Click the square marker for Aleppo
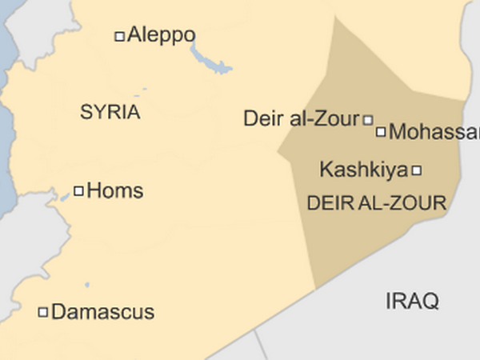[x=120, y=36]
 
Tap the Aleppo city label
[x=162, y=36]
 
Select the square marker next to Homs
[x=78, y=190]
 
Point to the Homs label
[x=114, y=191]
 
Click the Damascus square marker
[x=43, y=312]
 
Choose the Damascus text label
[x=102, y=312]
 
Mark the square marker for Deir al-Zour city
[x=368, y=120]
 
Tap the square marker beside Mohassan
[x=381, y=132]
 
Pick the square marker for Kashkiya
[x=416, y=170]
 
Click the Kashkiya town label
[x=363, y=170]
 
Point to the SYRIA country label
[x=110, y=113]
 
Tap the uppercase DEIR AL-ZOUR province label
[x=376, y=203]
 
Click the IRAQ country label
[x=412, y=302]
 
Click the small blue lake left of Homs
[x=64, y=195]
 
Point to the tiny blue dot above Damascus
[x=86, y=284]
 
